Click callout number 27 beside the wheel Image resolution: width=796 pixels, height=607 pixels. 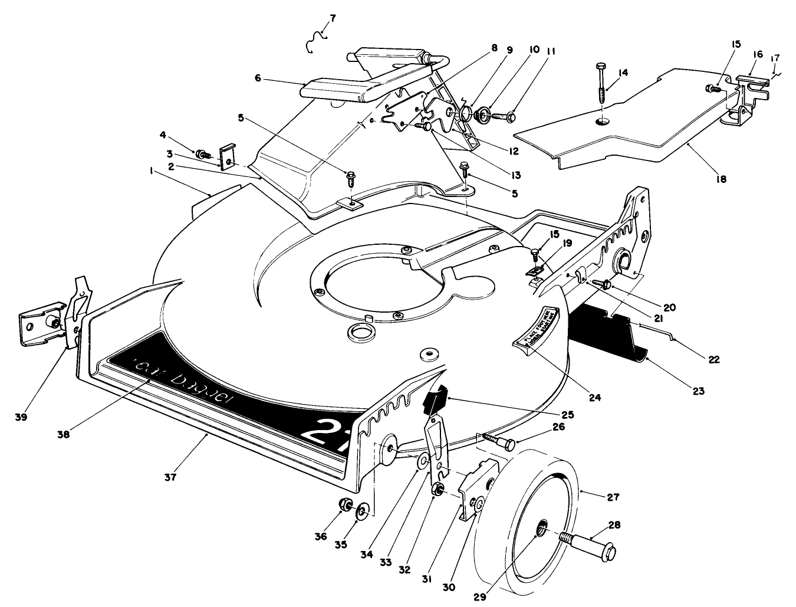coord(614,497)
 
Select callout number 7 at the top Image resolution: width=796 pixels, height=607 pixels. coord(333,18)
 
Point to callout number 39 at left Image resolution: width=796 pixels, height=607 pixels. coord(23,417)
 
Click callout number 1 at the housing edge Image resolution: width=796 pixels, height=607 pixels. coord(152,171)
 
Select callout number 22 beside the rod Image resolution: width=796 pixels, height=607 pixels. coord(714,359)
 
